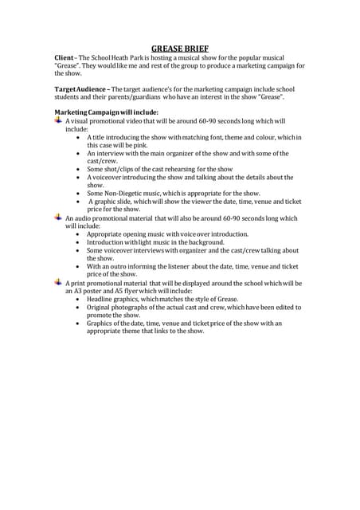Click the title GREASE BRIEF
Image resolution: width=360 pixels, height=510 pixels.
[180, 48]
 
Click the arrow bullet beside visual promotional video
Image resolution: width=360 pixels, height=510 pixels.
[58, 120]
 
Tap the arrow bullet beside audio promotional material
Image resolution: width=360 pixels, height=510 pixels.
[58, 218]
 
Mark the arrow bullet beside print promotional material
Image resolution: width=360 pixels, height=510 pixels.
[58, 283]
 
